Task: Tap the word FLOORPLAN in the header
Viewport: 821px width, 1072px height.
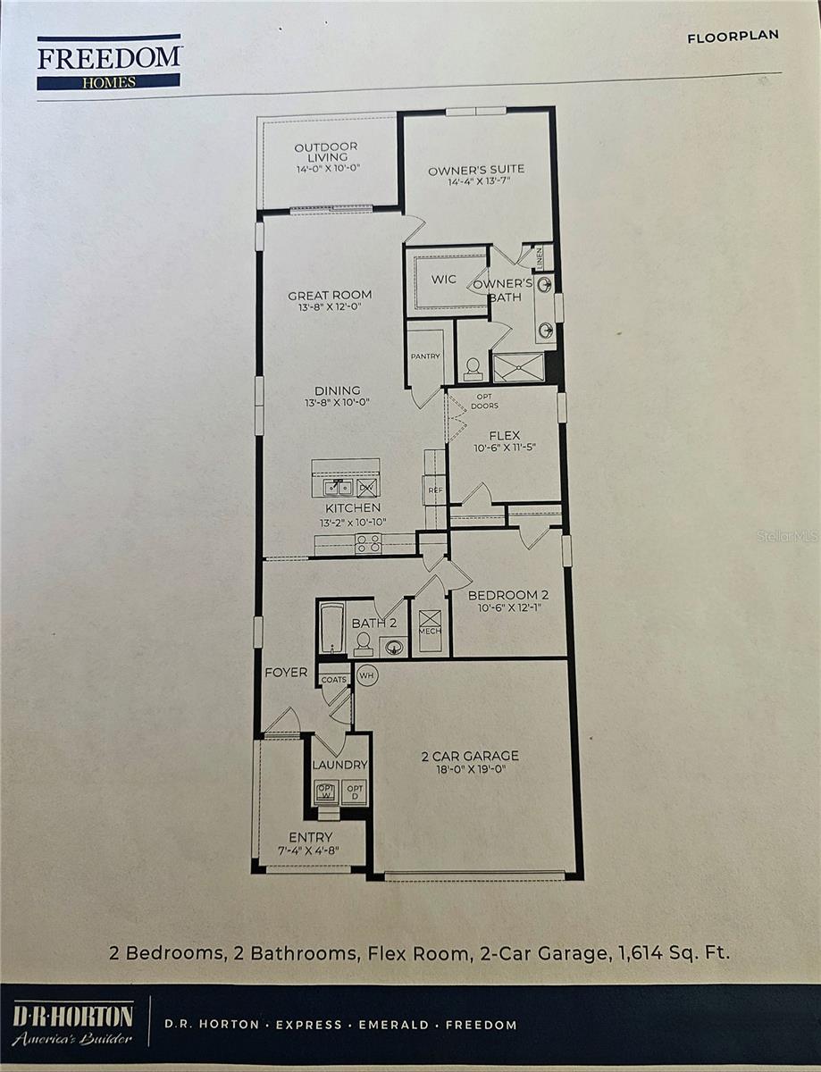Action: pyautogui.click(x=733, y=37)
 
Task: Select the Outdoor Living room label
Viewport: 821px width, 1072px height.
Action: pyautogui.click(x=326, y=152)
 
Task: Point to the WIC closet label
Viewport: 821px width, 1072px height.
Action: pyautogui.click(x=444, y=280)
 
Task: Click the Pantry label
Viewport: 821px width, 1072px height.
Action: pyautogui.click(x=426, y=356)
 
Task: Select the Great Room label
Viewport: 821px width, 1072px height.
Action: pyautogui.click(x=330, y=295)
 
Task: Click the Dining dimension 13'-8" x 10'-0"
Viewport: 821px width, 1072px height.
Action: pyautogui.click(x=337, y=403)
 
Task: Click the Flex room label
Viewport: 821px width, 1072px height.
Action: pyautogui.click(x=504, y=436)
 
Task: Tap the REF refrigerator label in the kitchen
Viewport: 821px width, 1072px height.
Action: pyautogui.click(x=435, y=490)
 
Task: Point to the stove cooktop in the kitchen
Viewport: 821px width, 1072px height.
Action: pyautogui.click(x=368, y=543)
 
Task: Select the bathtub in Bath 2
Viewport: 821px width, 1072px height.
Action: pyautogui.click(x=331, y=629)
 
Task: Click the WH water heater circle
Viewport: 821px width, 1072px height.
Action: pyautogui.click(x=366, y=675)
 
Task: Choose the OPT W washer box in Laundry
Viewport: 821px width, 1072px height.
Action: pyautogui.click(x=326, y=792)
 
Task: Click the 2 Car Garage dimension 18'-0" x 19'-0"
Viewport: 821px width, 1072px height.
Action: pyautogui.click(x=470, y=769)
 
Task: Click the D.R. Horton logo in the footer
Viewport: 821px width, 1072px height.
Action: pyautogui.click(x=72, y=1024)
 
